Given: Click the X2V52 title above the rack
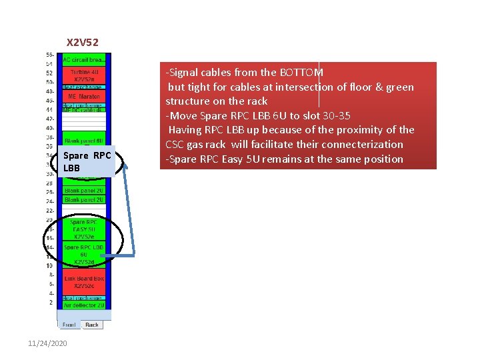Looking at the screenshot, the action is (83, 43).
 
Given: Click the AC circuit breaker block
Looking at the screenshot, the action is (85, 60).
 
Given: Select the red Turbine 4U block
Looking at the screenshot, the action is (85, 75).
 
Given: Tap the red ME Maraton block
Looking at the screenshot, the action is (85, 97).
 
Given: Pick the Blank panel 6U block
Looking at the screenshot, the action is (85, 141).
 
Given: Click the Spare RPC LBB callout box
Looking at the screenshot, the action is (87, 162).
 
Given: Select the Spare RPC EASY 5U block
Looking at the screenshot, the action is (85, 229).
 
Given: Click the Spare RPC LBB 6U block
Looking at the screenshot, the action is (85, 254).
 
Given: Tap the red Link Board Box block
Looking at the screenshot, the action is (85, 282).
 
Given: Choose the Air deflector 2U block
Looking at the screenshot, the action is (85, 305).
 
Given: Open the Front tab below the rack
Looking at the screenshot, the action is (70, 325).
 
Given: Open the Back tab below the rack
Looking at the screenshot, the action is (92, 325).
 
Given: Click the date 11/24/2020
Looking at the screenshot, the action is (49, 343).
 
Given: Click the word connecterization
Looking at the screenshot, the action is (361, 144).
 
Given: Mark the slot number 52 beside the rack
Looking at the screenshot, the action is (50, 73).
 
